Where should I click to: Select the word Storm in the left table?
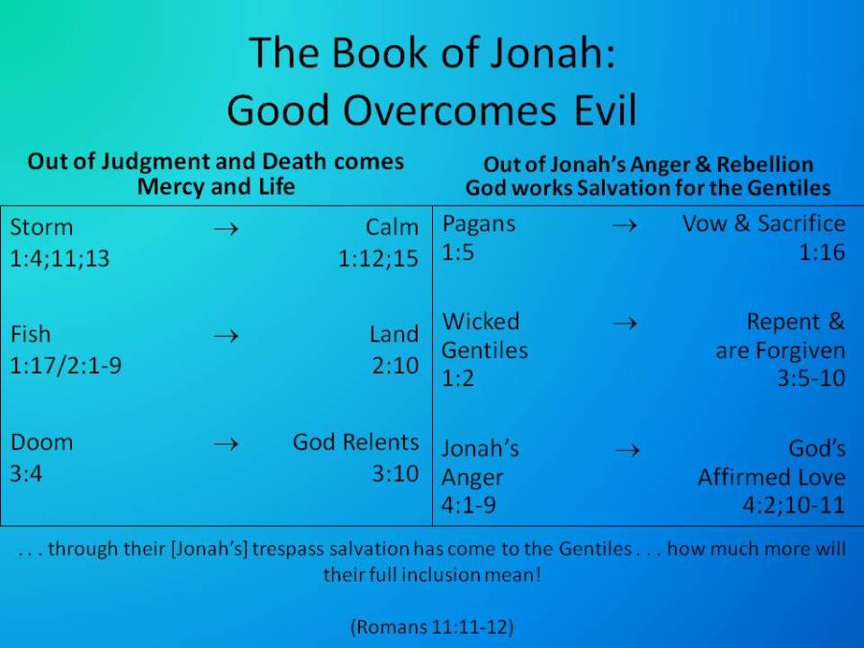point(41,228)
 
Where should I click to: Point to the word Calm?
point(392,228)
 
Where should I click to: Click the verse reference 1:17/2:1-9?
point(65,365)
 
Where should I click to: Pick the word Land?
point(394,334)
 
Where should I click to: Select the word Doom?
point(41,443)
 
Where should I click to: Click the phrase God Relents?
point(356,443)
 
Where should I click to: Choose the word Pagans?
point(478,224)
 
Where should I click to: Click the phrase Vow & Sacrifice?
point(764,224)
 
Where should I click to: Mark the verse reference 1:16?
point(823,253)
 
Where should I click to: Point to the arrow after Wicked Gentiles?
point(624,323)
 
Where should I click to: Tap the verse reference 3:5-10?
point(811,378)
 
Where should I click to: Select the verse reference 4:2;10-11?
point(794,505)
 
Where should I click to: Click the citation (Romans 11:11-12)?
point(432,628)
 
